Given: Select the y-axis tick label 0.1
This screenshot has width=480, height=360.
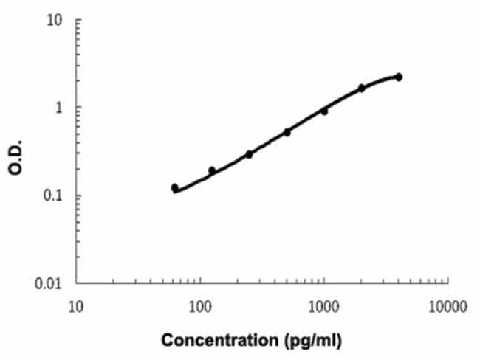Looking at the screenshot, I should tap(57, 195).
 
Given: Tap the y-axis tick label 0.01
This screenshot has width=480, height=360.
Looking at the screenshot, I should tap(54, 283).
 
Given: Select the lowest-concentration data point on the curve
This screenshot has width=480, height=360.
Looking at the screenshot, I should tap(174, 187).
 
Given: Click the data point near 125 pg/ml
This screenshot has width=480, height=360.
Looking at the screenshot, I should tap(212, 170).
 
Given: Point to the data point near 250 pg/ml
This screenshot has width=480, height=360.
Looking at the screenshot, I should tap(249, 154).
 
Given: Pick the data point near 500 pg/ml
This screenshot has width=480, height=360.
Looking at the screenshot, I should tap(287, 132).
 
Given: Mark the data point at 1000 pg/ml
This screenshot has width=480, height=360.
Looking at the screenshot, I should tap(324, 111).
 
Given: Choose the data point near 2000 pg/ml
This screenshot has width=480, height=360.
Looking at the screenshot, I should tap(362, 88).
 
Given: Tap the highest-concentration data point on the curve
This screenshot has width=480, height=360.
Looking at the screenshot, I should tap(399, 77).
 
